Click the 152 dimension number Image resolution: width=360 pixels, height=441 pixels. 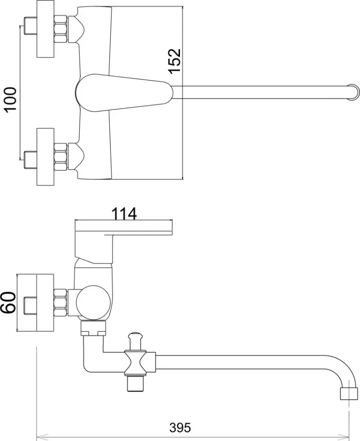tap(175, 61)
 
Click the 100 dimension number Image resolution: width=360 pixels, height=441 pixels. tap(10, 99)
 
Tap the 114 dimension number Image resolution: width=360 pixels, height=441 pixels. tap(124, 214)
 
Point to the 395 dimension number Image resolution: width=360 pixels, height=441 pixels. tap(180, 428)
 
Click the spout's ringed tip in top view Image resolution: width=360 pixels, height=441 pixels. tap(354, 92)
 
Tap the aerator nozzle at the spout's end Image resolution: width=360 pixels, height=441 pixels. tap(349, 394)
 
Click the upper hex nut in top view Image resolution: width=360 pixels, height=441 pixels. tap(60, 29)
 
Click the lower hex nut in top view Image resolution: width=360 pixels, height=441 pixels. tap(60, 157)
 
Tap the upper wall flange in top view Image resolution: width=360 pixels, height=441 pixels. tap(45, 29)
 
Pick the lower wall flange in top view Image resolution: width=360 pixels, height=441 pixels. tap(45, 157)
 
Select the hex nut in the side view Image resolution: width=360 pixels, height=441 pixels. tap(60, 302)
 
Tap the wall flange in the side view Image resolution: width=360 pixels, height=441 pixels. tap(45, 302)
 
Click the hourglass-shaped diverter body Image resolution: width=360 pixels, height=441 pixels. tap(136, 363)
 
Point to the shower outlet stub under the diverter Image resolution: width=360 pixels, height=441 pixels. tap(136, 383)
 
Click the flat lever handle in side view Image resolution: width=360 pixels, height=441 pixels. tap(123, 228)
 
